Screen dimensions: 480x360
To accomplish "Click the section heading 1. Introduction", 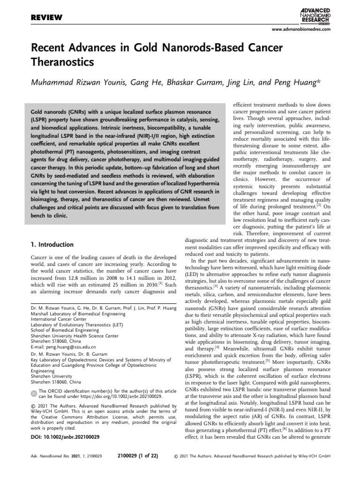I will (x=52, y=244).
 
